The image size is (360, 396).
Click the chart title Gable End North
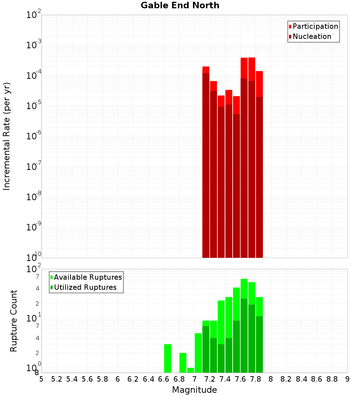point(180,5)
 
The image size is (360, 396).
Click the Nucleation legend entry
point(312,36)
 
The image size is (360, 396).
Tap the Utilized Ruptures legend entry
point(85,287)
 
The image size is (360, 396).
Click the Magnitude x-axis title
point(194,390)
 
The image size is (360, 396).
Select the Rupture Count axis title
point(14,321)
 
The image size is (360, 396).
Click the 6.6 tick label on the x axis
point(164,379)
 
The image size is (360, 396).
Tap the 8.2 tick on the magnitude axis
point(286,379)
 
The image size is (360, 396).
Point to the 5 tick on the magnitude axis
point(41,379)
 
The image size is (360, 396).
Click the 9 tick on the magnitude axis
point(347,379)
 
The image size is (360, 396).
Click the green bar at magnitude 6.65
point(167,358)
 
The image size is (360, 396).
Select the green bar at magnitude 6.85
point(183,363)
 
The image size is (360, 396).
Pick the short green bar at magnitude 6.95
point(190,370)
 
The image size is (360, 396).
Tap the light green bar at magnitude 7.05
point(198,353)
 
